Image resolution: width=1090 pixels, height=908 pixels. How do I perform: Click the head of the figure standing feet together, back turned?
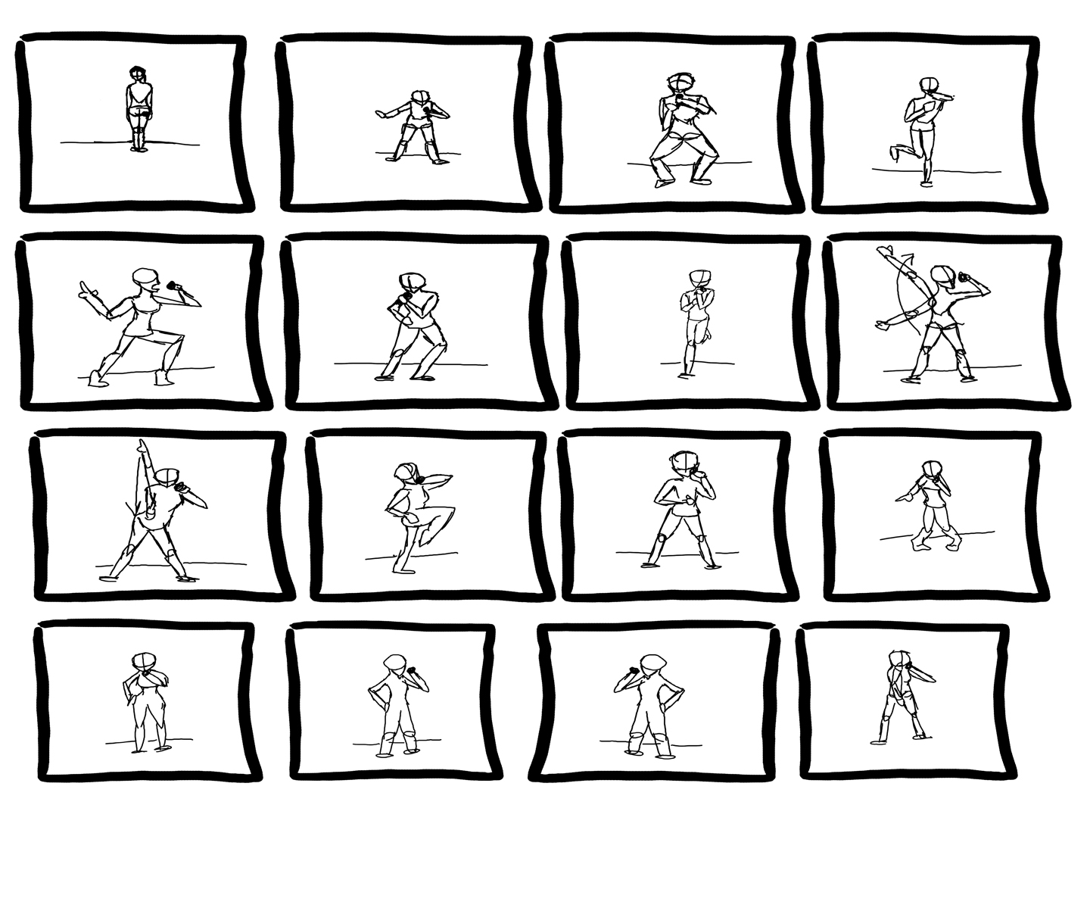(138, 73)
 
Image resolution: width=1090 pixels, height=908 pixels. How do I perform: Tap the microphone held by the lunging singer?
(173, 286)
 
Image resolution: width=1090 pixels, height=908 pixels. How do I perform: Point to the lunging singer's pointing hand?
(85, 288)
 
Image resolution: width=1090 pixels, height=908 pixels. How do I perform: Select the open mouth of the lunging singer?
(156, 287)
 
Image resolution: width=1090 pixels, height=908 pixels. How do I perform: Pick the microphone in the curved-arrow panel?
(964, 278)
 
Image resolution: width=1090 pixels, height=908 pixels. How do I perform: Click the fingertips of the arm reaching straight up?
(141, 444)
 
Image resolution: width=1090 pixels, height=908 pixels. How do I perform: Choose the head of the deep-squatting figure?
(680, 83)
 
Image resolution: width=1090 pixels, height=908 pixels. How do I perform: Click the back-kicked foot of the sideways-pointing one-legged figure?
(895, 153)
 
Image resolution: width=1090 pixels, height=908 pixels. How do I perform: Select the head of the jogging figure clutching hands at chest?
(700, 278)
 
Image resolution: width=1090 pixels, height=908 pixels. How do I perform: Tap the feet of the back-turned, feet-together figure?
(139, 148)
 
